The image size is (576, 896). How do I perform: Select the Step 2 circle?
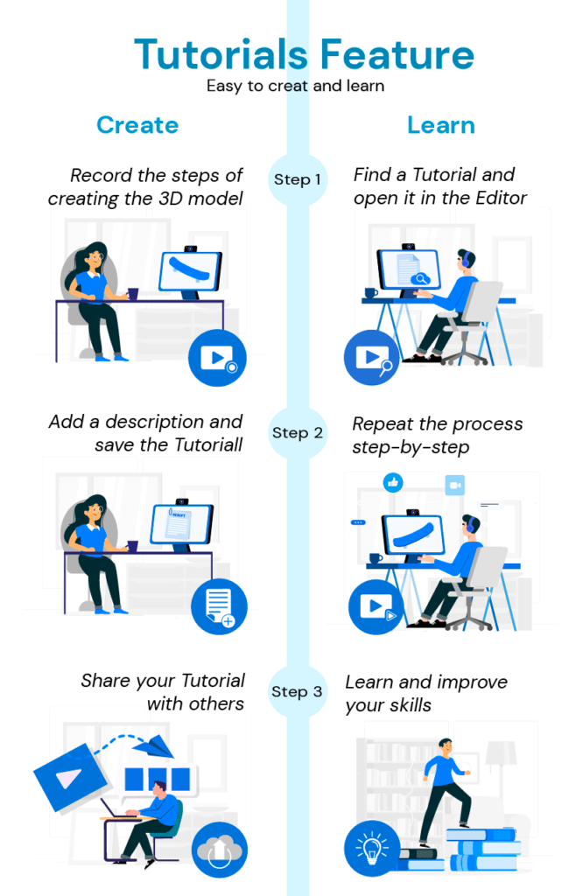pos(297,432)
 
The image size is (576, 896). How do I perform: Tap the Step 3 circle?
pos(297,691)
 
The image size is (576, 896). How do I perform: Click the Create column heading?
pos(137,125)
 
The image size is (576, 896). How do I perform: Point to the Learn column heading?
pos(441,125)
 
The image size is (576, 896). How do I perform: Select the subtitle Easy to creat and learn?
pos(296,86)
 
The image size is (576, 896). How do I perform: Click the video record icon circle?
pos(217,357)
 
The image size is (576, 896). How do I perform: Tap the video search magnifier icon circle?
pos(373,357)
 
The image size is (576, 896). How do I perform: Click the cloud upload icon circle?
pos(219,851)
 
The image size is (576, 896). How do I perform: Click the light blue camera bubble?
pos(454,485)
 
